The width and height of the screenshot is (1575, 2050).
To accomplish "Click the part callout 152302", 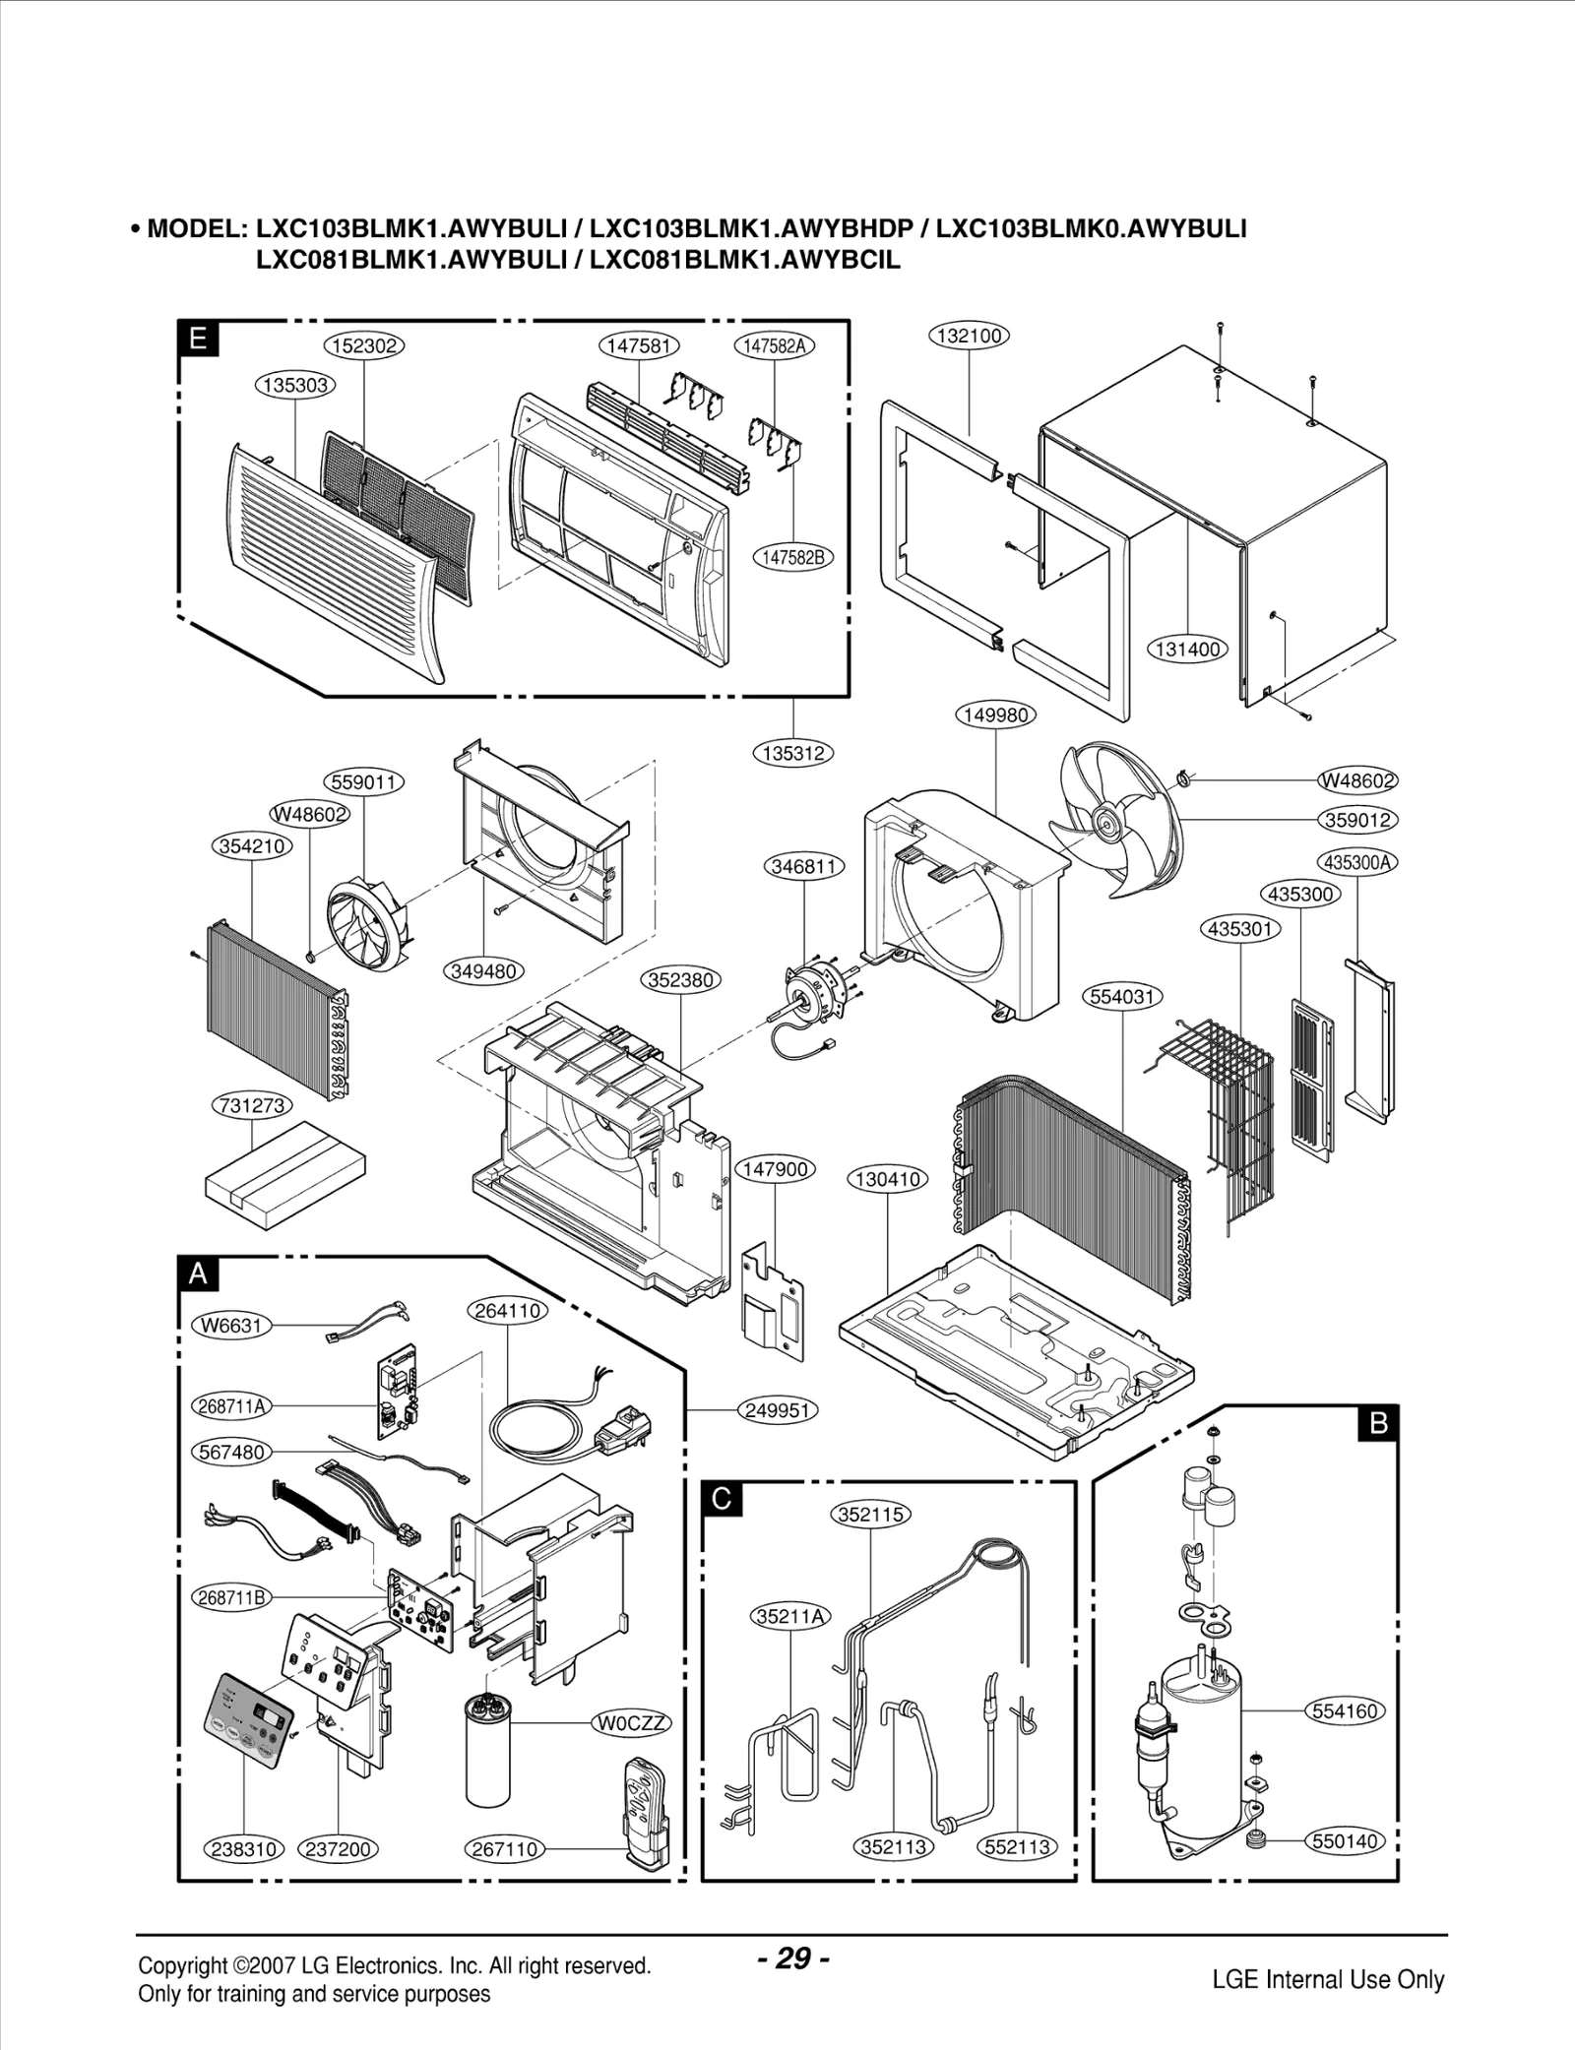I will tap(364, 345).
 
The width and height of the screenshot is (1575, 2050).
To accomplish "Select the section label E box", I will tap(198, 340).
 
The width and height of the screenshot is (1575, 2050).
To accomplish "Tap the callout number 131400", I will tap(1188, 650).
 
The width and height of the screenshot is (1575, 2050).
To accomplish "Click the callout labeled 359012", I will tap(1358, 820).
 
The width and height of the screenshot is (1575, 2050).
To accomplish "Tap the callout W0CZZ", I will tap(631, 1723).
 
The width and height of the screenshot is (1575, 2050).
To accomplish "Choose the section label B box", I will tap(1378, 1423).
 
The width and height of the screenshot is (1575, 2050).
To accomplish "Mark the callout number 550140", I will tap(1345, 1841).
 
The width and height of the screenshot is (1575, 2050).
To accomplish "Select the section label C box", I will tap(722, 1500).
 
